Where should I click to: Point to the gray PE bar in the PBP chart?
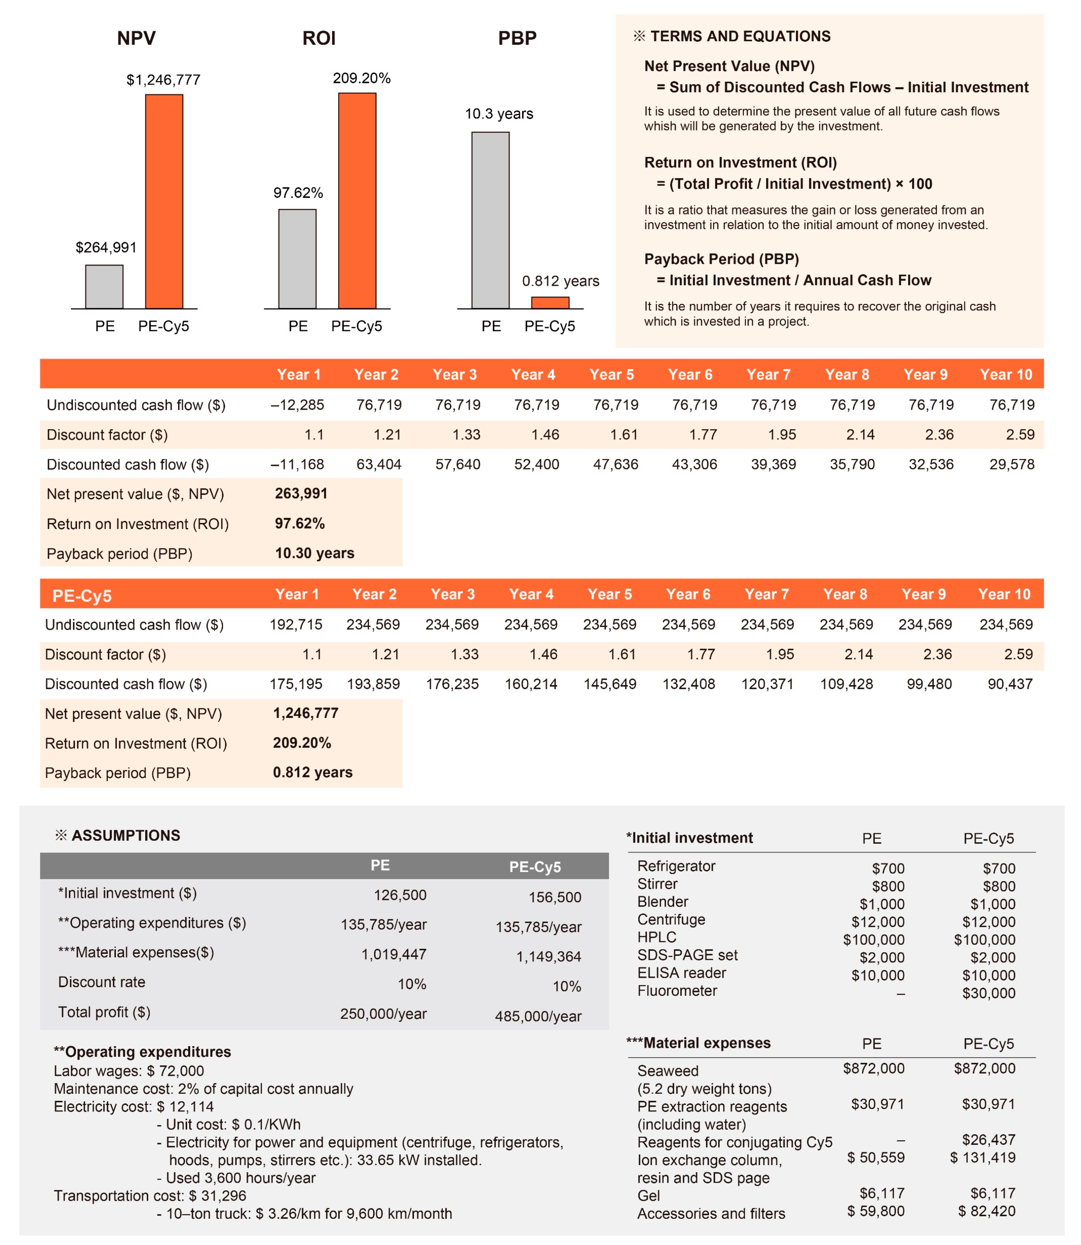pyautogui.click(x=491, y=220)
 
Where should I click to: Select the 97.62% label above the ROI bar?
pyautogui.click(x=298, y=193)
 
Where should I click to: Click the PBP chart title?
pyautogui.click(x=517, y=38)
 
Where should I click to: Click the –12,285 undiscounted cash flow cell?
pyautogui.click(x=297, y=405)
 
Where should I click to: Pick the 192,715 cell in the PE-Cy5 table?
pyautogui.click(x=295, y=624)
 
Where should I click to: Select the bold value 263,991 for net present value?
pyautogui.click(x=301, y=493)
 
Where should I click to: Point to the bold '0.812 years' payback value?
pyautogui.click(x=313, y=772)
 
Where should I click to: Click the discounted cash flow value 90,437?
pyautogui.click(x=1010, y=684)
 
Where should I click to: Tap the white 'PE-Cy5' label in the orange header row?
pyautogui.click(x=82, y=596)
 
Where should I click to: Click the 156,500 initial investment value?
pyautogui.click(x=554, y=897)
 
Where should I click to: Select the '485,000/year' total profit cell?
pyautogui.click(x=538, y=1016)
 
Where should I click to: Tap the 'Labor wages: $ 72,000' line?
pyautogui.click(x=128, y=1071)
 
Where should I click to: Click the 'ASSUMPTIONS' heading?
pyautogui.click(x=125, y=836)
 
